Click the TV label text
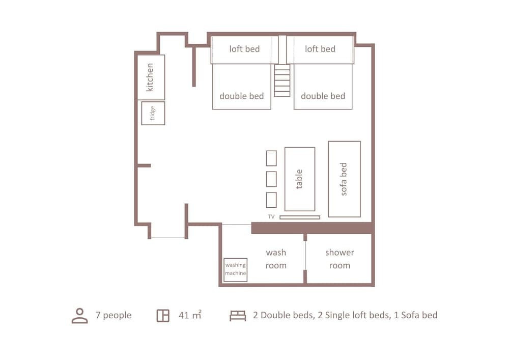pyautogui.click(x=271, y=216)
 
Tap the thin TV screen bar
pyautogui.click(x=300, y=217)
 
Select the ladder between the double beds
pyautogui.click(x=282, y=80)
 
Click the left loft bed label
pyautogui.click(x=244, y=49)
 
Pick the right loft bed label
pyautogui.click(x=320, y=49)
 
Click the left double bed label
pyautogui.click(x=241, y=96)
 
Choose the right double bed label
pyautogui.click(x=323, y=96)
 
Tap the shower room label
pyautogui.click(x=340, y=259)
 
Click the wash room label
pyautogui.click(x=276, y=259)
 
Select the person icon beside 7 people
pyautogui.click(x=80, y=316)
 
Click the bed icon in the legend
pyautogui.click(x=238, y=316)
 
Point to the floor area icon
pyautogui.click(x=163, y=316)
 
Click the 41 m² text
pyautogui.click(x=190, y=315)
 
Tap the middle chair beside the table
pyautogui.click(x=271, y=179)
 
